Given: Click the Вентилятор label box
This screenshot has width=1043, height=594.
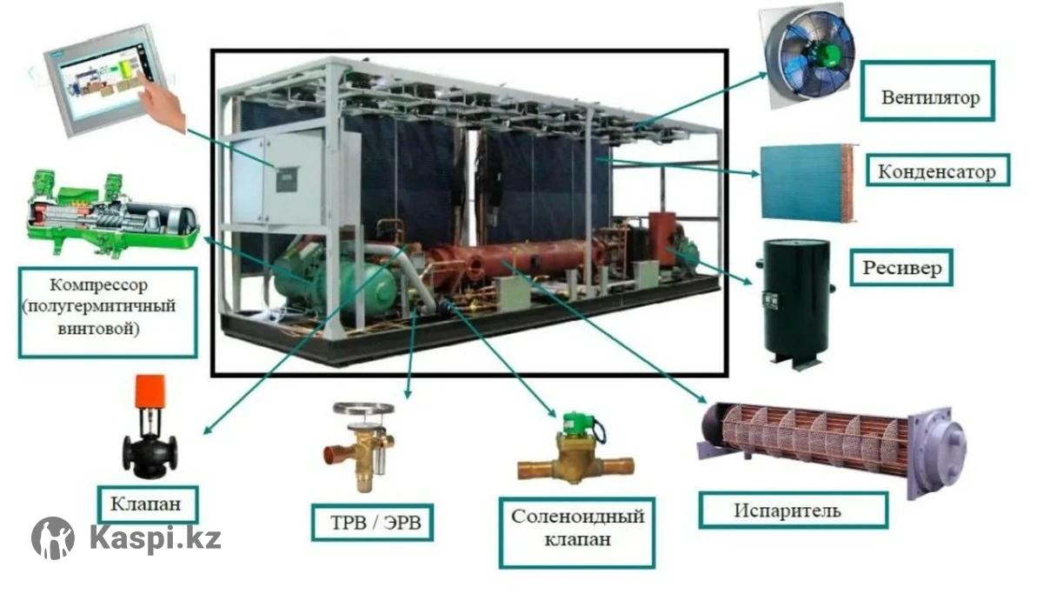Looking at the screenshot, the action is pos(927,90).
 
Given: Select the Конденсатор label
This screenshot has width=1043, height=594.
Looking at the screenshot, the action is pos(938,170).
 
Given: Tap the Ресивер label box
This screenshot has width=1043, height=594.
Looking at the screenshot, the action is pos(901,267).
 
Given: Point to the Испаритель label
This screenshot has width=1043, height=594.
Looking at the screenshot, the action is pos(793,511).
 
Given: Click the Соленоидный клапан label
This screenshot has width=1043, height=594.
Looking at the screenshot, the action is pos(577,533).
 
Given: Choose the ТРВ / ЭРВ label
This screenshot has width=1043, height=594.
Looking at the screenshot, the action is pos(373,523).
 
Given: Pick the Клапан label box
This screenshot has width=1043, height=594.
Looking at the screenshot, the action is pos(147,504).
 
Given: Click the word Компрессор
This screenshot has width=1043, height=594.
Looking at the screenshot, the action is pos(99,284).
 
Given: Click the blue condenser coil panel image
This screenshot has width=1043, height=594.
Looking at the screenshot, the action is pos(808,182).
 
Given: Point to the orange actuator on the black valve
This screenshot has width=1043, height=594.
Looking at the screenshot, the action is pos(149,390).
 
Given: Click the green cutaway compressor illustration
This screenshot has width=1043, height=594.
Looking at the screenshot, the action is pos(113,213).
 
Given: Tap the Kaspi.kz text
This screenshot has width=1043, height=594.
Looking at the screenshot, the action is pos(155,539).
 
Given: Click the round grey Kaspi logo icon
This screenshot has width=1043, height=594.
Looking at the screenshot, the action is pos(53,538).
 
